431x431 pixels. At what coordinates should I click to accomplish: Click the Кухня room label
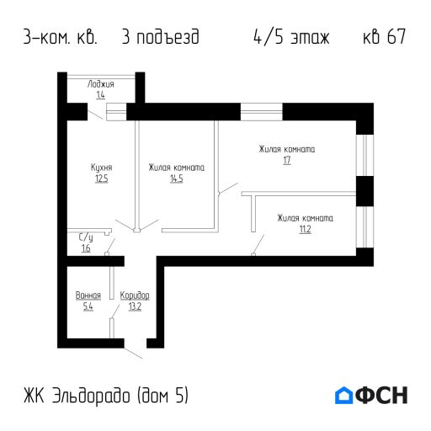[x=102, y=168]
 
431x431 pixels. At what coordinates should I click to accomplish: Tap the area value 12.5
[x=102, y=178]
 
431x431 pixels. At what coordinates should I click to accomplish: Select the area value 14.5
[x=177, y=178]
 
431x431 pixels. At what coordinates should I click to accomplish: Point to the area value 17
[x=287, y=160]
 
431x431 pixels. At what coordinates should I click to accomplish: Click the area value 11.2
[x=306, y=229]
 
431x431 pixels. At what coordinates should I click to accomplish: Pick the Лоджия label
[x=101, y=84]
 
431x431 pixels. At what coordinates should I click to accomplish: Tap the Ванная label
[x=88, y=295]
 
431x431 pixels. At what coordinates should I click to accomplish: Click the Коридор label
[x=135, y=295]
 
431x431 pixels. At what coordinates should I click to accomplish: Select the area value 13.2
[x=135, y=306]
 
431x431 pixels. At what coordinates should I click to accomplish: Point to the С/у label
[x=86, y=237]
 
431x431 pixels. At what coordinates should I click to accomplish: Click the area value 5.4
[x=88, y=306]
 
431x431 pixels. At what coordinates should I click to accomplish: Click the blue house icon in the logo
[x=343, y=395]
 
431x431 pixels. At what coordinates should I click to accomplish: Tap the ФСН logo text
[x=381, y=395]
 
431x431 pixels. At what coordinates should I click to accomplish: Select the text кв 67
[x=385, y=36]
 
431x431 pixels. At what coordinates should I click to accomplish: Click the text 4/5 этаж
[x=291, y=37]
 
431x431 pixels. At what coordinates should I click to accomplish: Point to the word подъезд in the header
[x=168, y=37]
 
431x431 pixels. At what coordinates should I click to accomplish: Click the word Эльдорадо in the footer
[x=91, y=396]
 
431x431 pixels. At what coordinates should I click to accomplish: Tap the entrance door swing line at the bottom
[x=133, y=354]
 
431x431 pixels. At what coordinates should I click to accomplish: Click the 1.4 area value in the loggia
[x=101, y=95]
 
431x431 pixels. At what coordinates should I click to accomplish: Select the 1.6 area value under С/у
[x=86, y=248]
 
